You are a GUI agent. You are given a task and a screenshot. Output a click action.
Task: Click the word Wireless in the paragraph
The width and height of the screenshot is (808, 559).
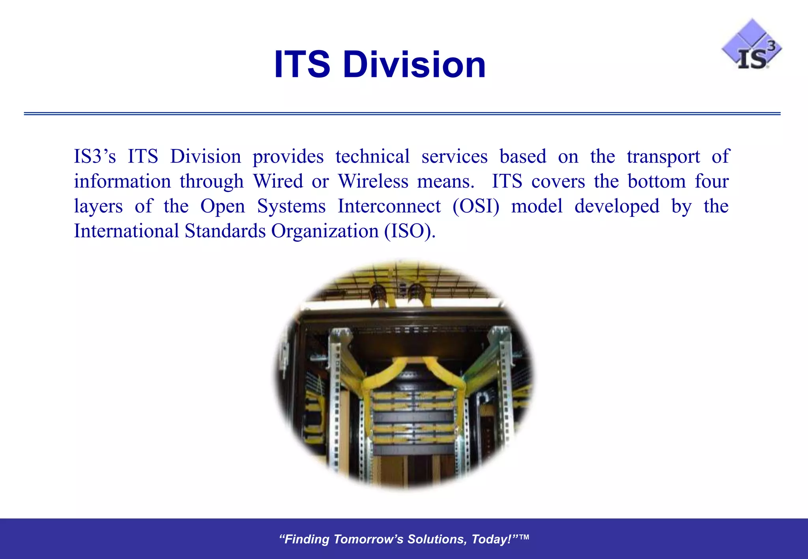[x=373, y=181]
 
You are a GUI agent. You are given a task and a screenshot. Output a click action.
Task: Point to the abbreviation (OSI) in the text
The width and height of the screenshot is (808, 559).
[x=476, y=206]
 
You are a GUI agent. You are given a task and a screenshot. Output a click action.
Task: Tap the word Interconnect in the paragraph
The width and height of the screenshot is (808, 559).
[x=389, y=206]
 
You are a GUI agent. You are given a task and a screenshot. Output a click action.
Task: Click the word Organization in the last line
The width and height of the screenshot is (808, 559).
[x=325, y=231]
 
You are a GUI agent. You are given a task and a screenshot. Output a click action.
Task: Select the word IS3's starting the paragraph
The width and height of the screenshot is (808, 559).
[x=95, y=157]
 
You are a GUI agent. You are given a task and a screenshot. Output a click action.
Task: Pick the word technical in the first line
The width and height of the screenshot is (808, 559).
[x=372, y=157]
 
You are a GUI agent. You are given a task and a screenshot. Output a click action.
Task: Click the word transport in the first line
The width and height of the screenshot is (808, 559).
[x=663, y=157]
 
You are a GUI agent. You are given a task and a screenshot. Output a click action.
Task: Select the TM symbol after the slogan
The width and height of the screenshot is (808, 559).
[x=524, y=537]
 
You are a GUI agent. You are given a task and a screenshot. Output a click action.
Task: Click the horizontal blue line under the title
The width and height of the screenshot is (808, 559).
[x=402, y=114]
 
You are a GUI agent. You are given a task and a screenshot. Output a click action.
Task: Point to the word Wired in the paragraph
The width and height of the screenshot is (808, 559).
[x=278, y=181]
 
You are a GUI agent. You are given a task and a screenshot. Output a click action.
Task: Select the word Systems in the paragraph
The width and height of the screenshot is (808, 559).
[x=291, y=206]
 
